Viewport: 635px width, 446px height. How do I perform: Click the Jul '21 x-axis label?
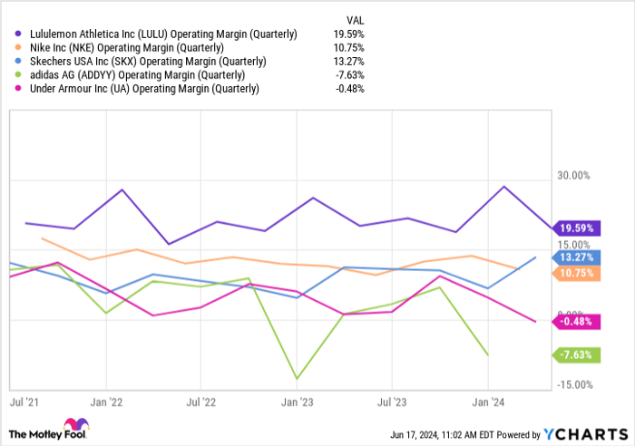(x=25, y=400)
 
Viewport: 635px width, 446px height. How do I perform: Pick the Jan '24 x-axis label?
(x=487, y=400)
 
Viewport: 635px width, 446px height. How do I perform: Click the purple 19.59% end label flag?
(x=578, y=228)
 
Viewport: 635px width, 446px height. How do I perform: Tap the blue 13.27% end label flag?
(x=578, y=257)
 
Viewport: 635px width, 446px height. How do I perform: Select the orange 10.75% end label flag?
(x=578, y=272)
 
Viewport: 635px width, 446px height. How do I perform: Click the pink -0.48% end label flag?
(x=578, y=321)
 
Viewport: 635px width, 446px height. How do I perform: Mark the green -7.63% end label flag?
(x=578, y=354)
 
